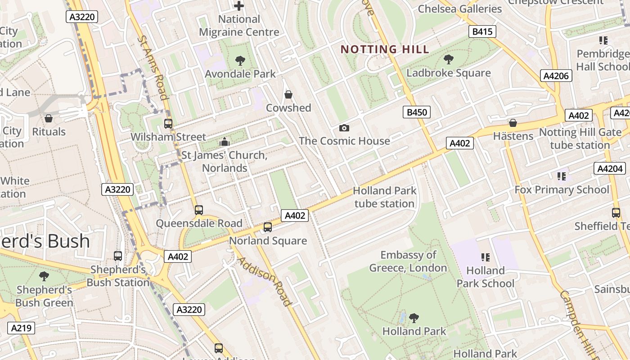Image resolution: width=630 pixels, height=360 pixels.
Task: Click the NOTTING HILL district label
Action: point(385,49)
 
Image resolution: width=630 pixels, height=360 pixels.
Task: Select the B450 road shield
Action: point(416,112)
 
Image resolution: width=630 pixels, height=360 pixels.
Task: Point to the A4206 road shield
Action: point(556,76)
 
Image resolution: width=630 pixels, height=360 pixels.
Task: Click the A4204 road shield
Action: point(610,168)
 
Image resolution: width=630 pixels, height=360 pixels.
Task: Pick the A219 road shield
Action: point(21,328)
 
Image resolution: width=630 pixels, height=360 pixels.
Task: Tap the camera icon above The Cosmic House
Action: point(344,128)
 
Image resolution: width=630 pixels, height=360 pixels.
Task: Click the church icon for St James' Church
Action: point(224,142)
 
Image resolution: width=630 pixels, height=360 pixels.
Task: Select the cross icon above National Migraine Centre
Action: point(239,6)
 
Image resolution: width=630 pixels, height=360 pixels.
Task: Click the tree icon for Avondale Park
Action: point(240,60)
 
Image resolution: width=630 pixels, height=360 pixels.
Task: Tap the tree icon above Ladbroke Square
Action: point(448,59)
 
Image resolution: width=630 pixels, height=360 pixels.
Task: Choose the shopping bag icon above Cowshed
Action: point(288,94)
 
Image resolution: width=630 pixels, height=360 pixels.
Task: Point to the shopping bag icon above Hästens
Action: point(513,123)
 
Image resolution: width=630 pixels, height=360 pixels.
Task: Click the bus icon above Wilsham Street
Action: point(168,123)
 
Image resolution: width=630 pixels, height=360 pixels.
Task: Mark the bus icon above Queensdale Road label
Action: point(198,210)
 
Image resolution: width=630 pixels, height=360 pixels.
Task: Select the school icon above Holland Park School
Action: point(485,257)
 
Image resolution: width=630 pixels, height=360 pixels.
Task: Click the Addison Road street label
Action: point(264,281)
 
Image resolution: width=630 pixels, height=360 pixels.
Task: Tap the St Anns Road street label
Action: point(153,67)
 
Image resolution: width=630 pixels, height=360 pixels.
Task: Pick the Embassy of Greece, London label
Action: point(408,261)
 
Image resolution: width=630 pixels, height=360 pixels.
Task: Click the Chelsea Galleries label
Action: point(459,9)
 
